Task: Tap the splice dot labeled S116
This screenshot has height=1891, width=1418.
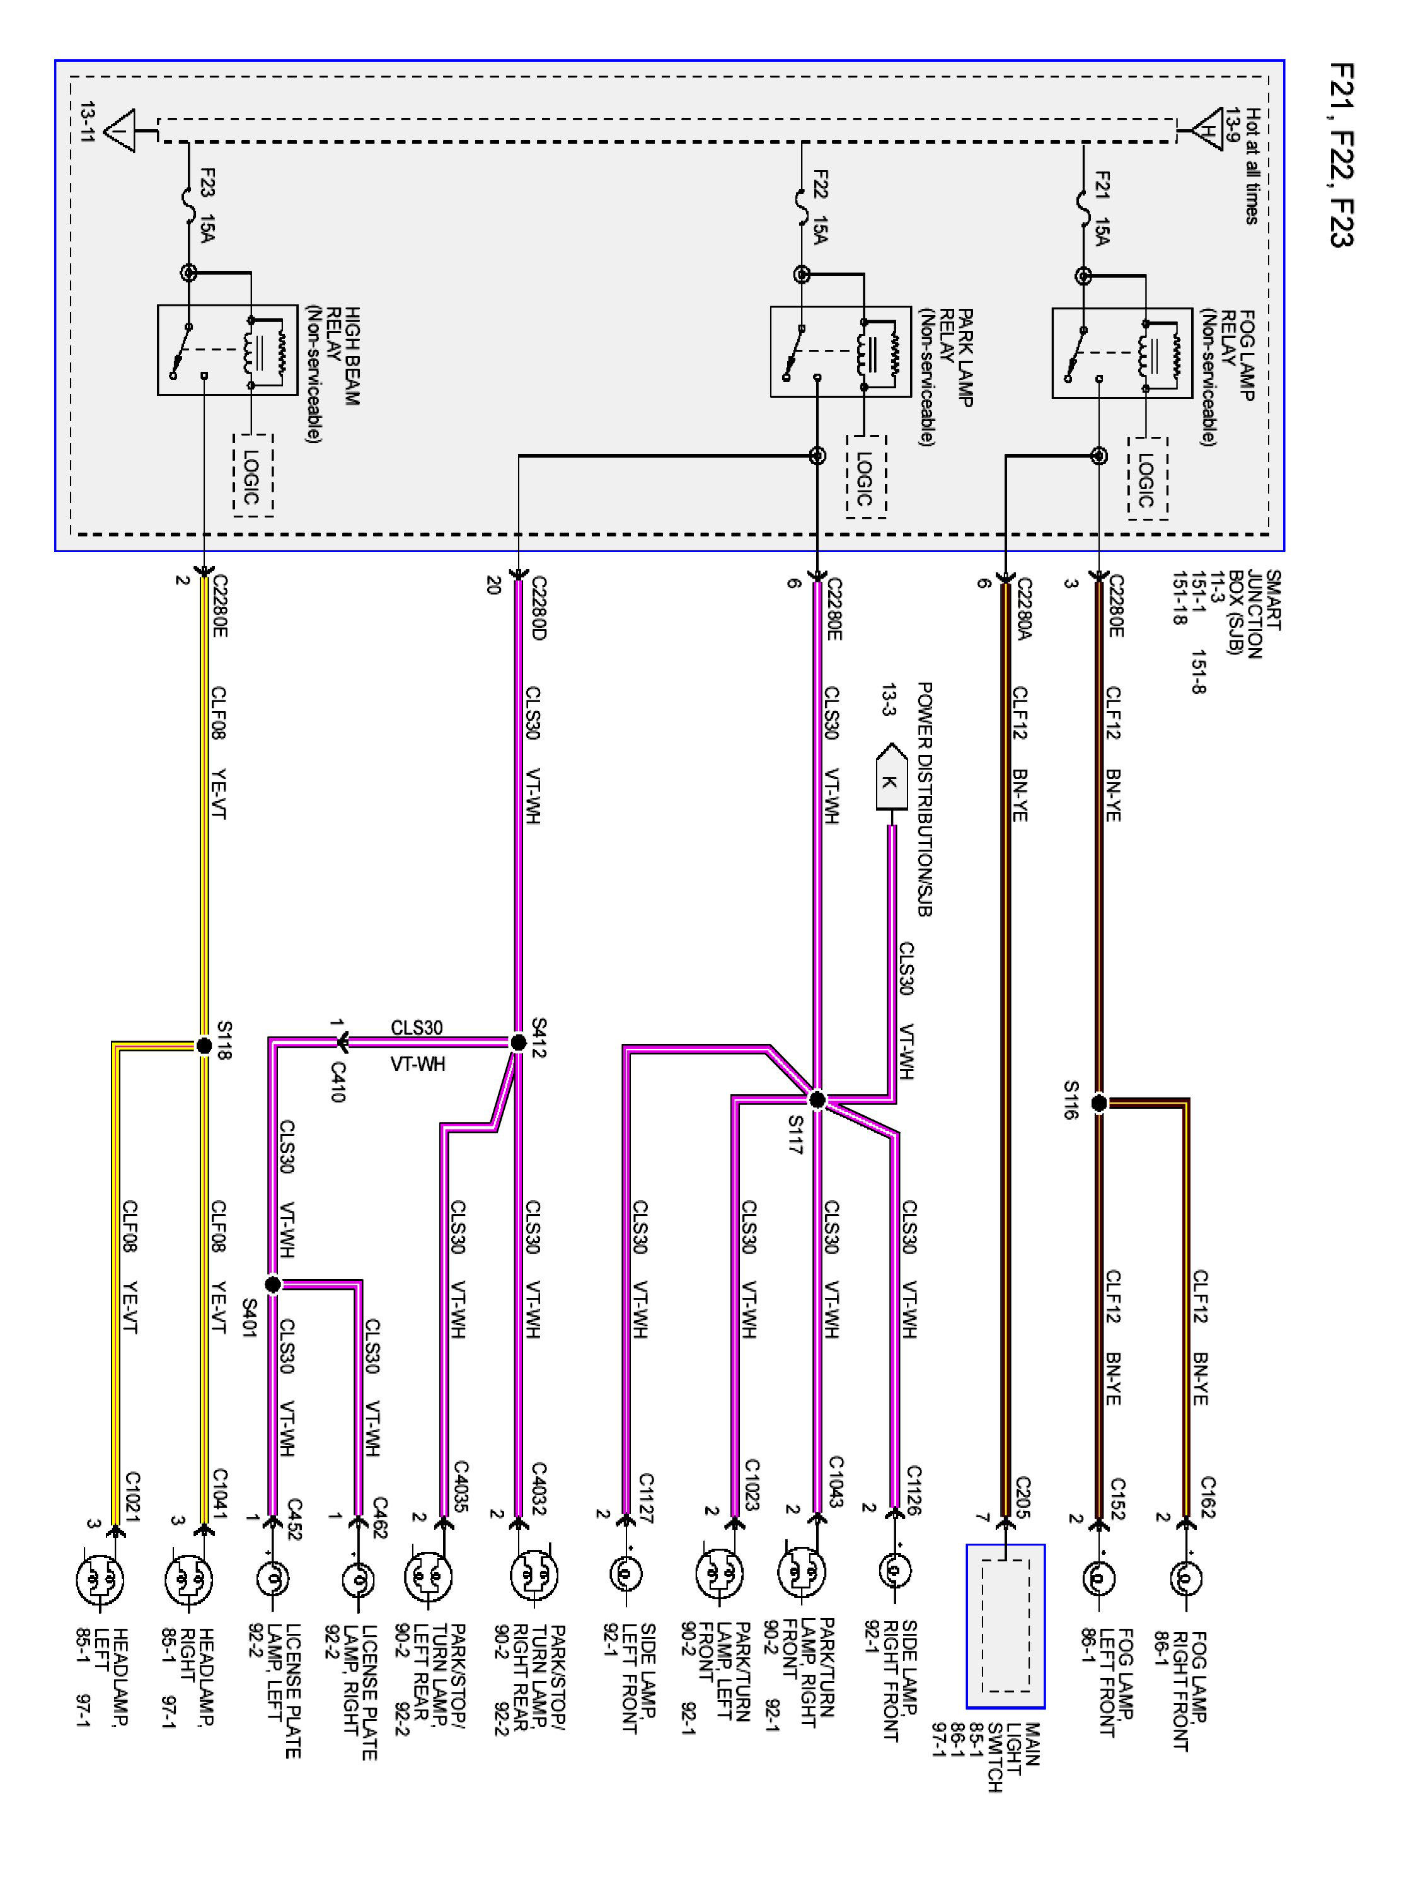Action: click(x=1099, y=1103)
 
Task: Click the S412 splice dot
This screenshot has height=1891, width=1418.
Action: click(x=517, y=1042)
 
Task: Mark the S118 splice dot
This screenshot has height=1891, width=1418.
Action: click(x=204, y=1044)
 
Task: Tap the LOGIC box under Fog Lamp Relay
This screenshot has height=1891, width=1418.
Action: click(x=1147, y=478)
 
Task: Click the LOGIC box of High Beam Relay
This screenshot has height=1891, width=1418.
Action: click(x=253, y=475)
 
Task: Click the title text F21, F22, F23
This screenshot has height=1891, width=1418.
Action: click(x=1342, y=154)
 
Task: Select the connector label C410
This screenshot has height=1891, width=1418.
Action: click(x=338, y=1082)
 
